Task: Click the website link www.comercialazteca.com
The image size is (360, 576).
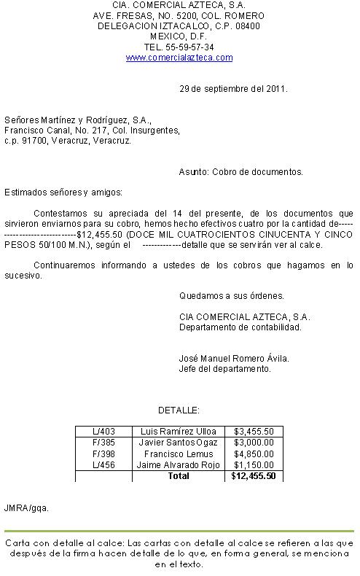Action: pyautogui.click(x=179, y=57)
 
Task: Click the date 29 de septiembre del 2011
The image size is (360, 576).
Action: pyautogui.click(x=233, y=89)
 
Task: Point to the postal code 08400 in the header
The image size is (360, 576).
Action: pyautogui.click(x=248, y=26)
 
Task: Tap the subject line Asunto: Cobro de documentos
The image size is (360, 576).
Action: pyautogui.click(x=240, y=172)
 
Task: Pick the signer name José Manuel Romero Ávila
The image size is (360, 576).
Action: pyautogui.click(x=234, y=358)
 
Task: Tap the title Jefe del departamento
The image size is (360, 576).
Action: pyautogui.click(x=224, y=368)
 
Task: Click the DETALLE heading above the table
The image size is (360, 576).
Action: pyautogui.click(x=179, y=410)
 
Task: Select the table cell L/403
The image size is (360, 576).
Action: pyautogui.click(x=103, y=432)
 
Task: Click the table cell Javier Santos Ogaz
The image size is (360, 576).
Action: pyautogui.click(x=179, y=443)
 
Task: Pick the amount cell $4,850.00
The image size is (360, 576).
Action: pyautogui.click(x=254, y=454)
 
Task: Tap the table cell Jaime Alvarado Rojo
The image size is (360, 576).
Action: pyautogui.click(x=179, y=464)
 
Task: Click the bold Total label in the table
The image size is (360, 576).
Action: pyautogui.click(x=179, y=475)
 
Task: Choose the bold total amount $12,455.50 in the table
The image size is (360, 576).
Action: pyautogui.click(x=253, y=475)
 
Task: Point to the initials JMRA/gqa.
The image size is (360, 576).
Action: pyautogui.click(x=26, y=507)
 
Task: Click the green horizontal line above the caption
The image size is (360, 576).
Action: pyautogui.click(x=179, y=532)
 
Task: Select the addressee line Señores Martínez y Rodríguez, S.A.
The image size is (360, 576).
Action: pyautogui.click(x=78, y=120)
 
